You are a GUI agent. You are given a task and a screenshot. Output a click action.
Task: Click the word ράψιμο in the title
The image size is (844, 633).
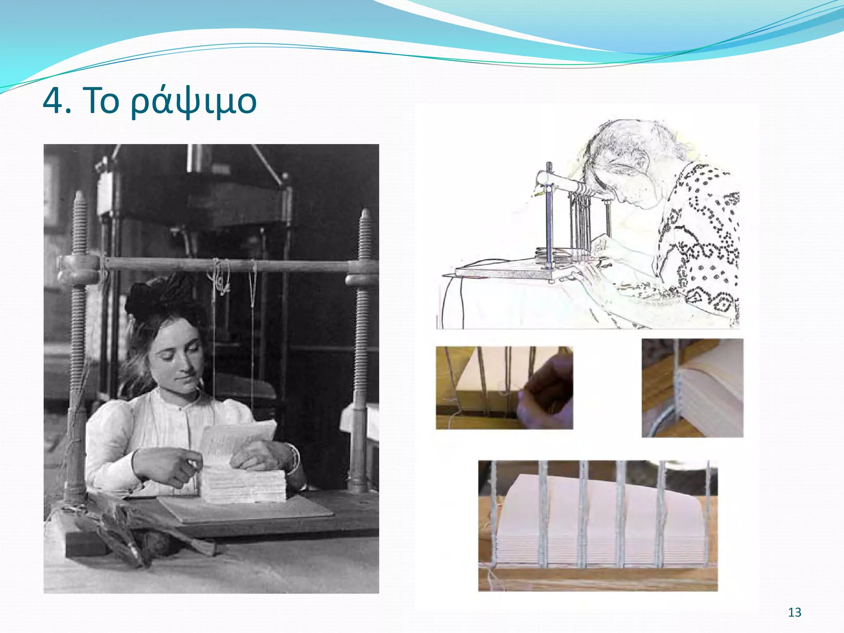click(x=194, y=102)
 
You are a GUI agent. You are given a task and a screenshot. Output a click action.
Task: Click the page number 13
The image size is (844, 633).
click(x=795, y=612)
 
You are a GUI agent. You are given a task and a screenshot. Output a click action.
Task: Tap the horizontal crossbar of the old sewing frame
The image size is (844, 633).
click(x=227, y=264)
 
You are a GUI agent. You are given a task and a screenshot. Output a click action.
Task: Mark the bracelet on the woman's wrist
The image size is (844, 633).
click(x=294, y=457)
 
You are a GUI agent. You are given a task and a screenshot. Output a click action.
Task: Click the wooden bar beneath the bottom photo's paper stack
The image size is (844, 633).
click(x=598, y=579)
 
